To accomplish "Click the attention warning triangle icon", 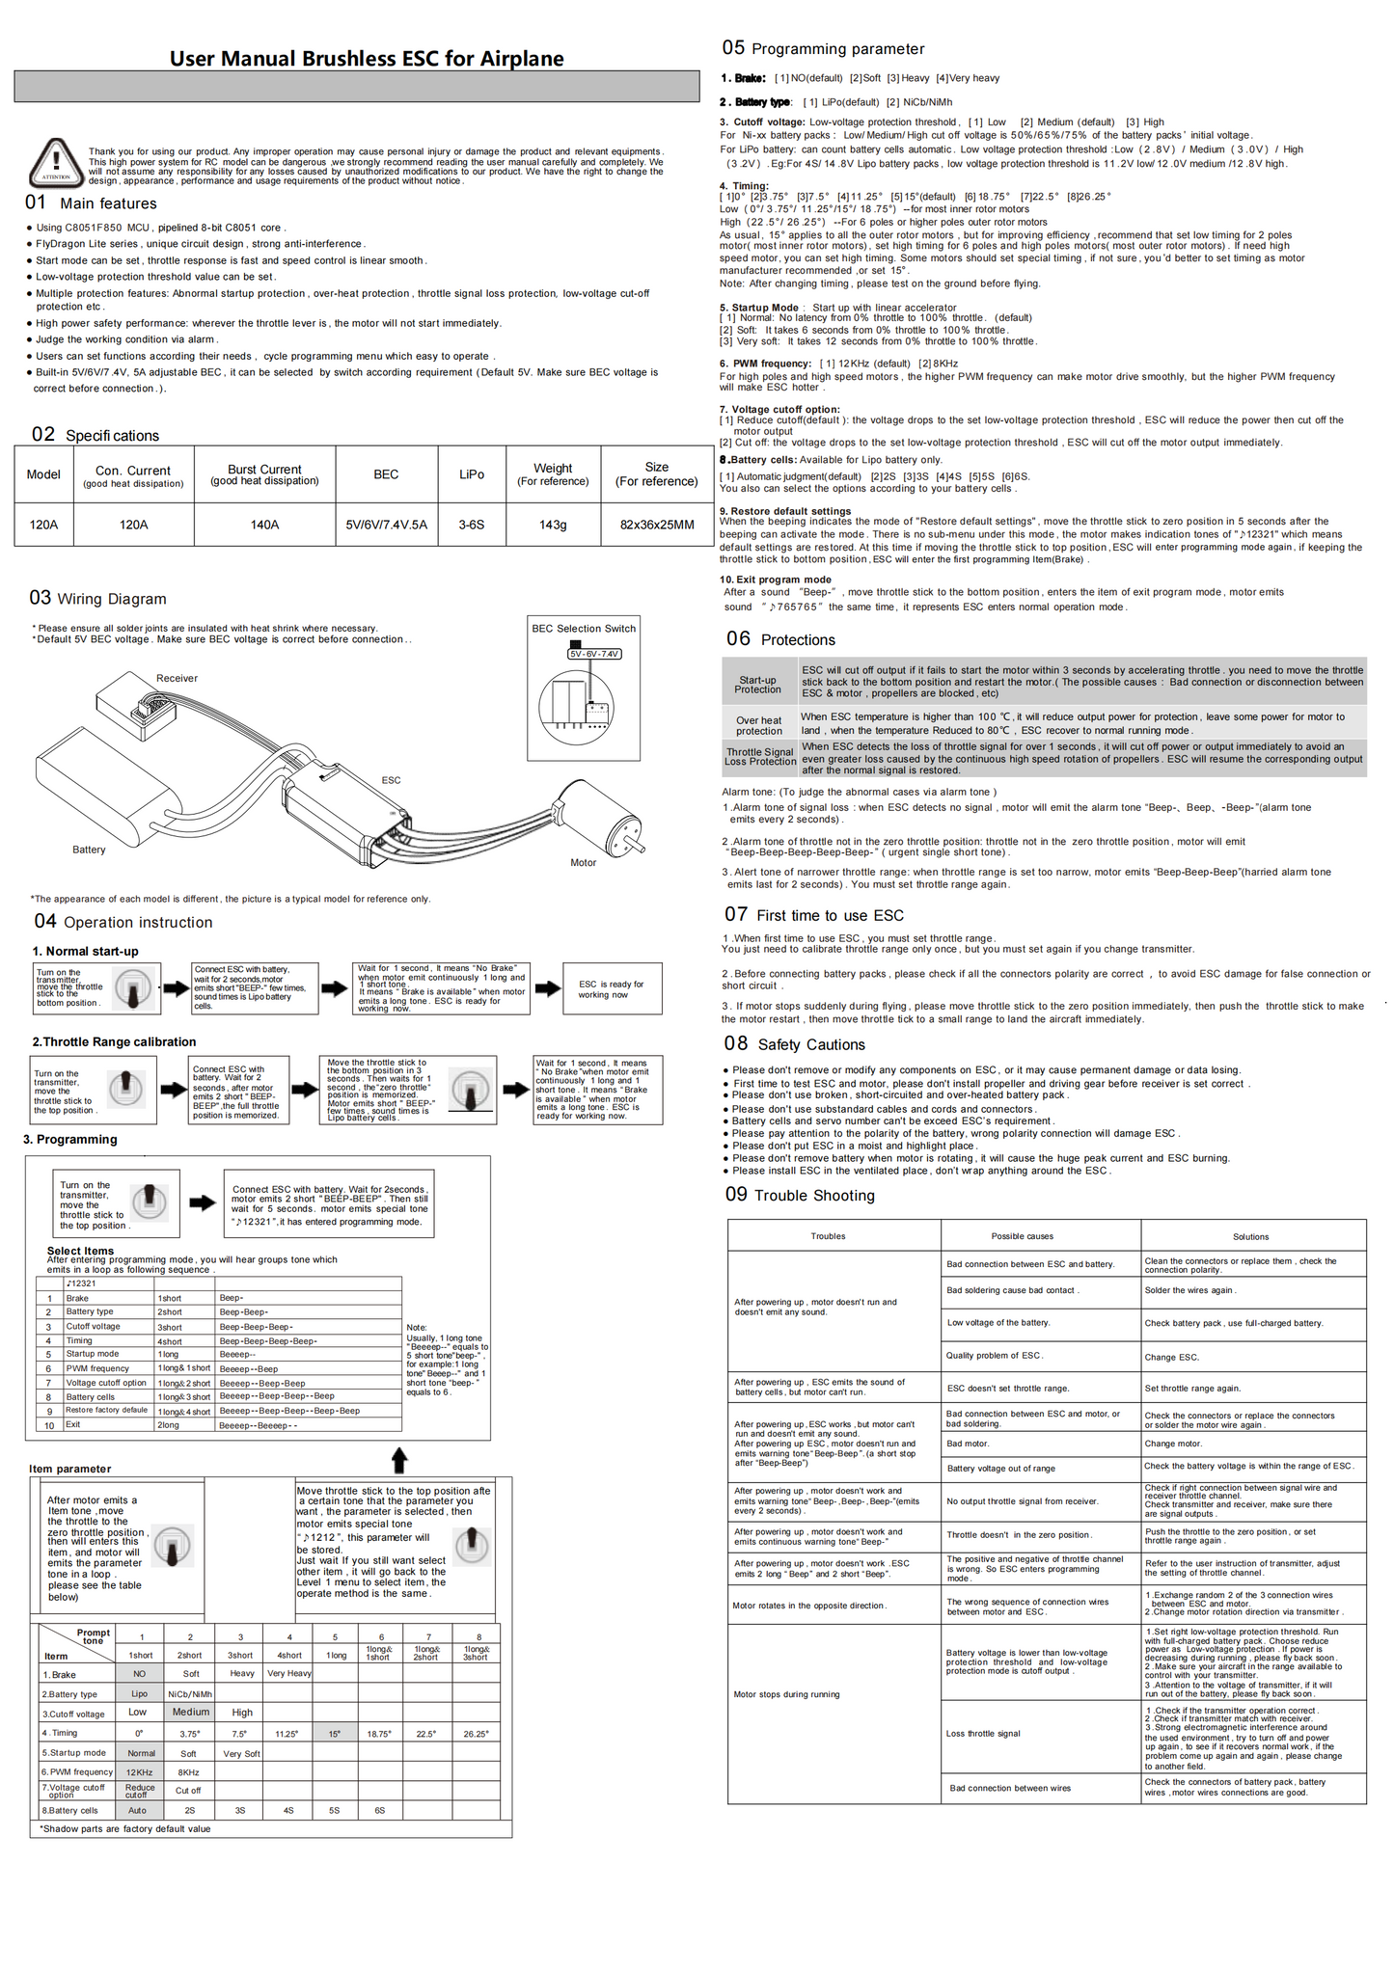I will (56, 161).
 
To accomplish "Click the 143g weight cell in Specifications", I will (553, 525).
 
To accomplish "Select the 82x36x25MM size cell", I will (656, 525).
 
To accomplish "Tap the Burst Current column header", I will (264, 474).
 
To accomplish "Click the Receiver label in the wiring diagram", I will (177, 679).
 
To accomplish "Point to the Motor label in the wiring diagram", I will (583, 863).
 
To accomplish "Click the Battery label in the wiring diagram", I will (89, 850).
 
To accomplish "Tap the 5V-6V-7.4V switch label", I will (594, 654).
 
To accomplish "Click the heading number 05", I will (733, 48).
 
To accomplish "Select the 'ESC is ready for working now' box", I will (612, 989).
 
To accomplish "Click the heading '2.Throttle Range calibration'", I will (114, 1041).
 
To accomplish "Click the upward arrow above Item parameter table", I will (399, 1459).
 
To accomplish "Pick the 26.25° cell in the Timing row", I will (476, 1734).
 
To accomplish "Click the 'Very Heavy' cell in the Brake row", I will (289, 1673).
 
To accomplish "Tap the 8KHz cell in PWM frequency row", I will (189, 1772).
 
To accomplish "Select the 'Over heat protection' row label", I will (759, 725).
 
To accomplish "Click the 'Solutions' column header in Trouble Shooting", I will (1250, 1236).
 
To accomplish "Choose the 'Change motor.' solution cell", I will (1173, 1444).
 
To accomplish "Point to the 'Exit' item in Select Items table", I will (73, 1424).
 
